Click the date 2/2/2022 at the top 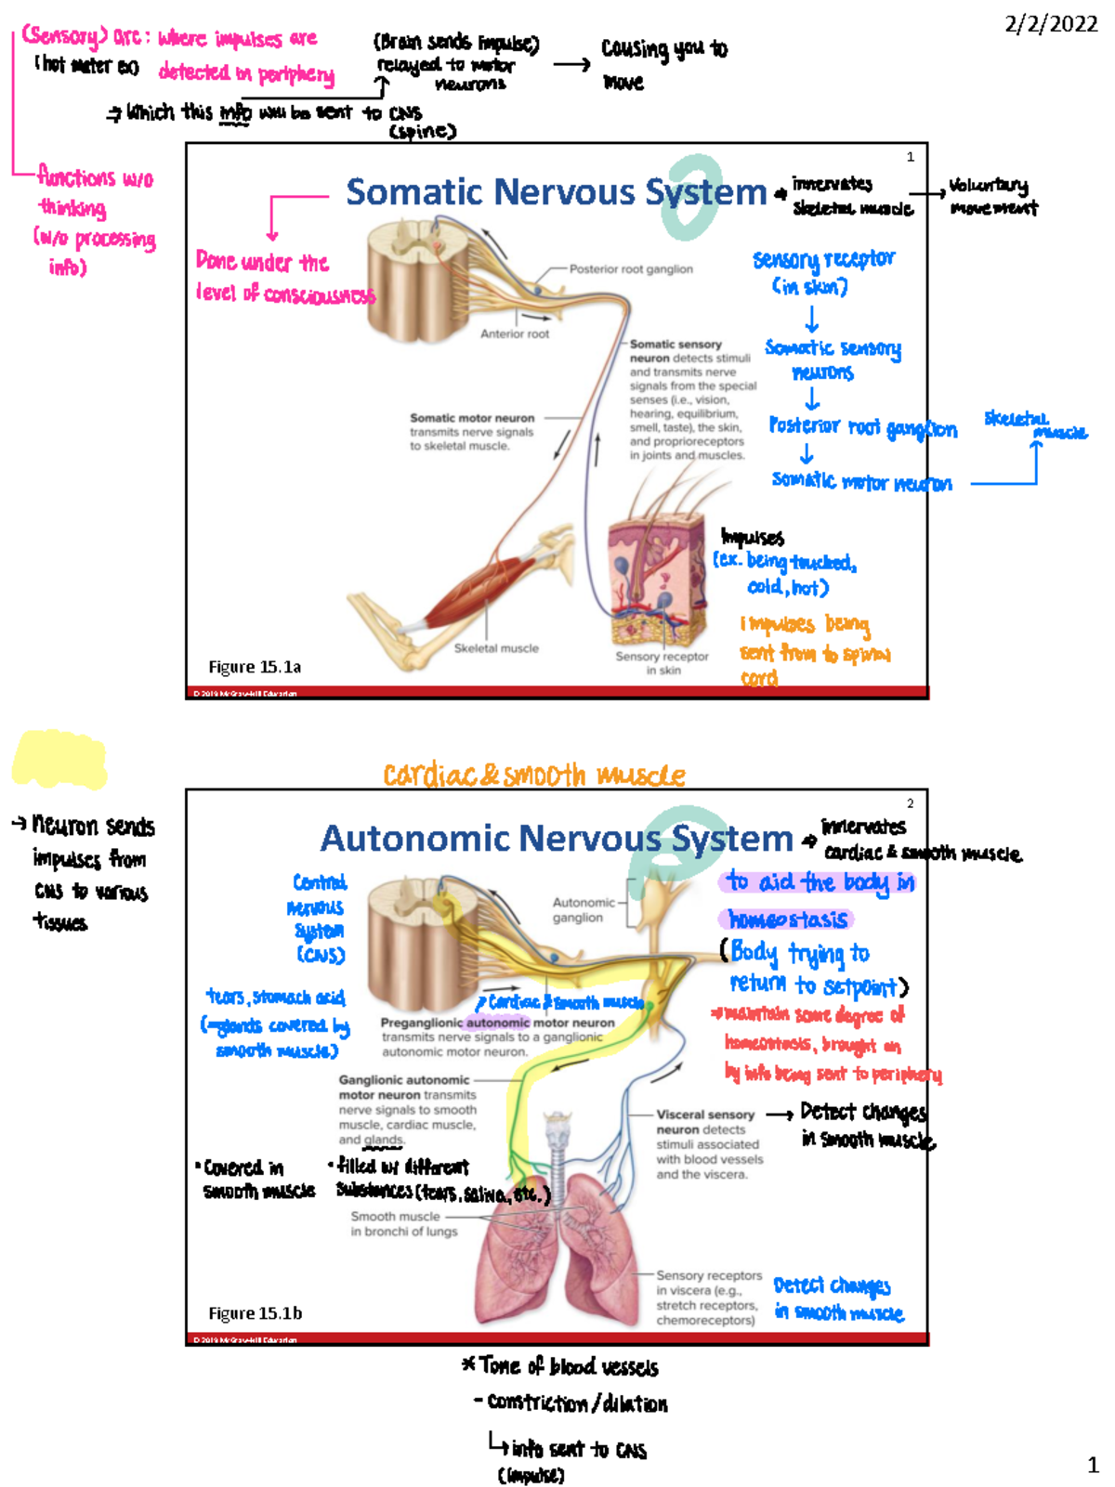(x=1051, y=24)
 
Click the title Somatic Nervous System (x=556, y=192)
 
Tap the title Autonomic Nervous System (x=556, y=839)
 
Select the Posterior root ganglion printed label (x=631, y=269)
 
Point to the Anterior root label (x=514, y=333)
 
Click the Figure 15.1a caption (x=255, y=667)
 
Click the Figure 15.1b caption (x=255, y=1313)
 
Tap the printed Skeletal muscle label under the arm (x=496, y=648)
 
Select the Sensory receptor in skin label (x=662, y=662)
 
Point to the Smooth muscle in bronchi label (x=403, y=1224)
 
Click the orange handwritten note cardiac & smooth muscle (x=534, y=775)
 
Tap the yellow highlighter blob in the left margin (x=59, y=759)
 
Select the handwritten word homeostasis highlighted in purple (x=787, y=920)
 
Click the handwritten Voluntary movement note (x=992, y=196)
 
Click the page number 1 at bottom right (x=1093, y=1466)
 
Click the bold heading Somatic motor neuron (x=472, y=418)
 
